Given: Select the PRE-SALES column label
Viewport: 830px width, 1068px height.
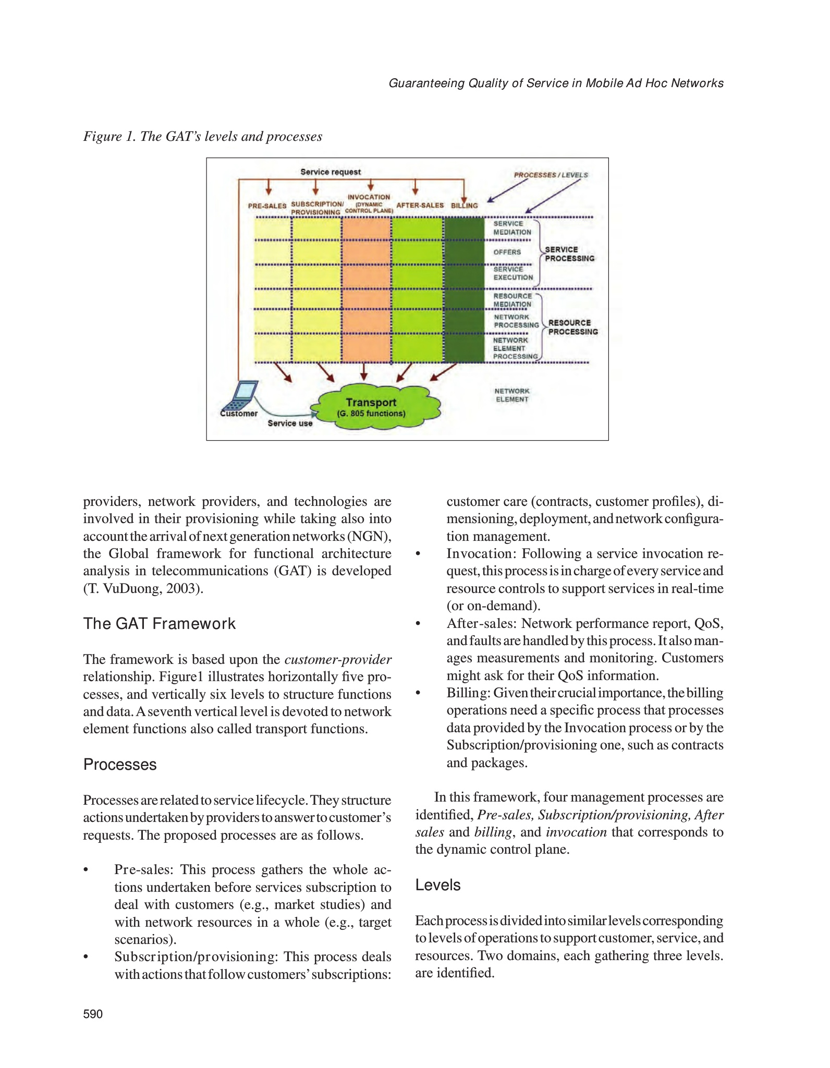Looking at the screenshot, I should [x=267, y=206].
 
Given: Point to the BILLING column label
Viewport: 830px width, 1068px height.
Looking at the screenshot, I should [x=464, y=205].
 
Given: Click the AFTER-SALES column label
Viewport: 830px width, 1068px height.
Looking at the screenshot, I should [x=420, y=205].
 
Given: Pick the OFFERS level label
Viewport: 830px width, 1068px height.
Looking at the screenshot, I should [x=507, y=252].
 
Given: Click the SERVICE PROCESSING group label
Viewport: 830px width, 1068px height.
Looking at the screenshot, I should [x=569, y=254].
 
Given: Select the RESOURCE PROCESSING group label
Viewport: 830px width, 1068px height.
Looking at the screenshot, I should [x=572, y=327].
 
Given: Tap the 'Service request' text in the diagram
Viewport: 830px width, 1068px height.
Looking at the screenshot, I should [x=330, y=172].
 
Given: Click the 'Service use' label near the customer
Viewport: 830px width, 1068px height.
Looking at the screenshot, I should [x=290, y=423].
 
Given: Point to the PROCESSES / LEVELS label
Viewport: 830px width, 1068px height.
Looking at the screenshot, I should [x=551, y=175].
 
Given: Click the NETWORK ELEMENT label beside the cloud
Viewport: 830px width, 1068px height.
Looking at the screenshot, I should [x=511, y=395].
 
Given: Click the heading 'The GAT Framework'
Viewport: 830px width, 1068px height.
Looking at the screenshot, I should [x=160, y=624].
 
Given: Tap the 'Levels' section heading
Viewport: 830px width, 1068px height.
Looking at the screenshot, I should [x=438, y=885].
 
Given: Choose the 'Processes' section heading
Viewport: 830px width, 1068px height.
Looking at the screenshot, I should [x=120, y=764].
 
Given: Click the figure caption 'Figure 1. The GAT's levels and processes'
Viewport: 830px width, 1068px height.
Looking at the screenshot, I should [x=203, y=137].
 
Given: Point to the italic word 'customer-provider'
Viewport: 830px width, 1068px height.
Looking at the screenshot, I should [x=338, y=660].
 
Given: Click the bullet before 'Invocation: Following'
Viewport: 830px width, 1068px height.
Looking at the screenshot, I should [x=418, y=554].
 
